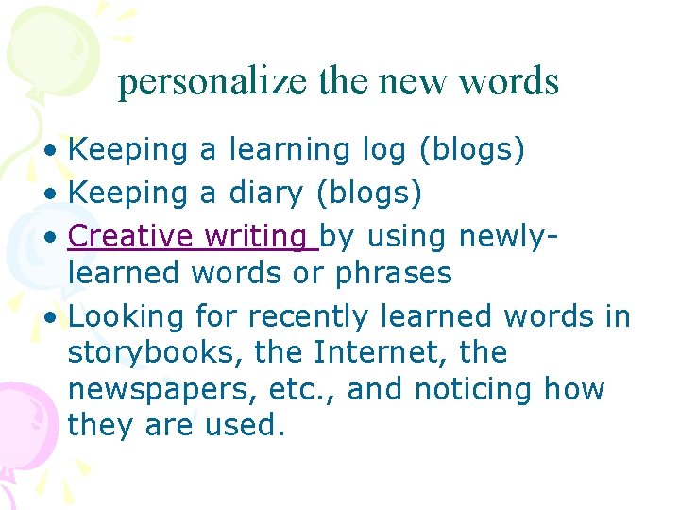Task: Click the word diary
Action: tap(265, 194)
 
